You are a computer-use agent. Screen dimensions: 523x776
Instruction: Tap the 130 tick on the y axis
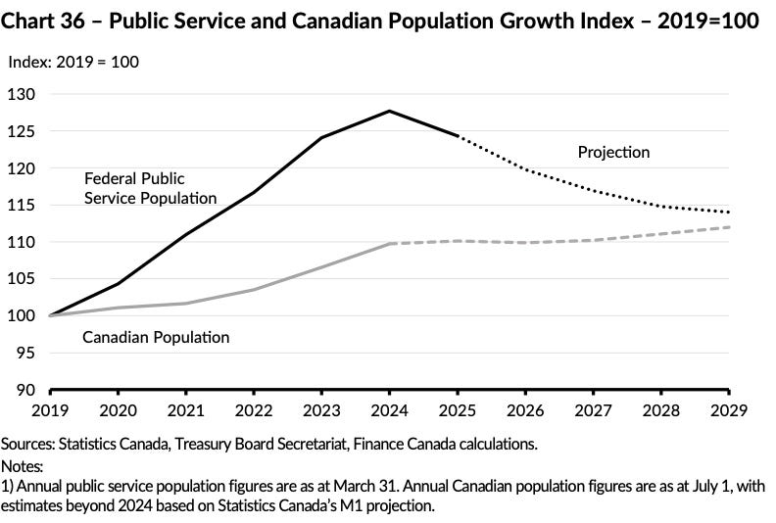point(22,94)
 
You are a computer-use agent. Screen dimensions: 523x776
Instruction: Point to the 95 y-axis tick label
point(24,353)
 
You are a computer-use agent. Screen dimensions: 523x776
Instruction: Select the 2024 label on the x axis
point(389,406)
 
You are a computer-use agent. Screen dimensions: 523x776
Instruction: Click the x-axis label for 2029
point(730,406)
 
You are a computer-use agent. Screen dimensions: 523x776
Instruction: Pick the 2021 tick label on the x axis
point(185,406)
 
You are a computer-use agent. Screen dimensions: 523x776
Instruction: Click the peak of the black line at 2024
point(390,111)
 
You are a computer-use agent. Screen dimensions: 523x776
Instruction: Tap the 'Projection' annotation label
point(613,152)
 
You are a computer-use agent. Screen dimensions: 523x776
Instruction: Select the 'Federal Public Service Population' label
point(150,188)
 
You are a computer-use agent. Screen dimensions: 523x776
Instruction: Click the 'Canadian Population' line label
point(156,337)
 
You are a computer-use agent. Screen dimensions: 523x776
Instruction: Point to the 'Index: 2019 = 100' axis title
point(73,62)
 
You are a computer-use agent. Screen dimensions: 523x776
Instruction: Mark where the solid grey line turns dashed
point(390,243)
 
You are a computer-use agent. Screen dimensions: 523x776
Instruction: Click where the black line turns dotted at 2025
point(458,136)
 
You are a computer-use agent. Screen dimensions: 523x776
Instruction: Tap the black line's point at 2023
point(321,137)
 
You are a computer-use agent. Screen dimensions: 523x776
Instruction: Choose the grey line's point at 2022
point(254,290)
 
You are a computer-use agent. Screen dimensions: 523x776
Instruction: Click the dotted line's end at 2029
point(730,213)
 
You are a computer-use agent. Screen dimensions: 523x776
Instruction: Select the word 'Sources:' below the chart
point(28,444)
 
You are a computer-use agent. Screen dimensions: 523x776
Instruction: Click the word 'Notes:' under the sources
point(23,465)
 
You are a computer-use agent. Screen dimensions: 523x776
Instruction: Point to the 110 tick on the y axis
point(22,242)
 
